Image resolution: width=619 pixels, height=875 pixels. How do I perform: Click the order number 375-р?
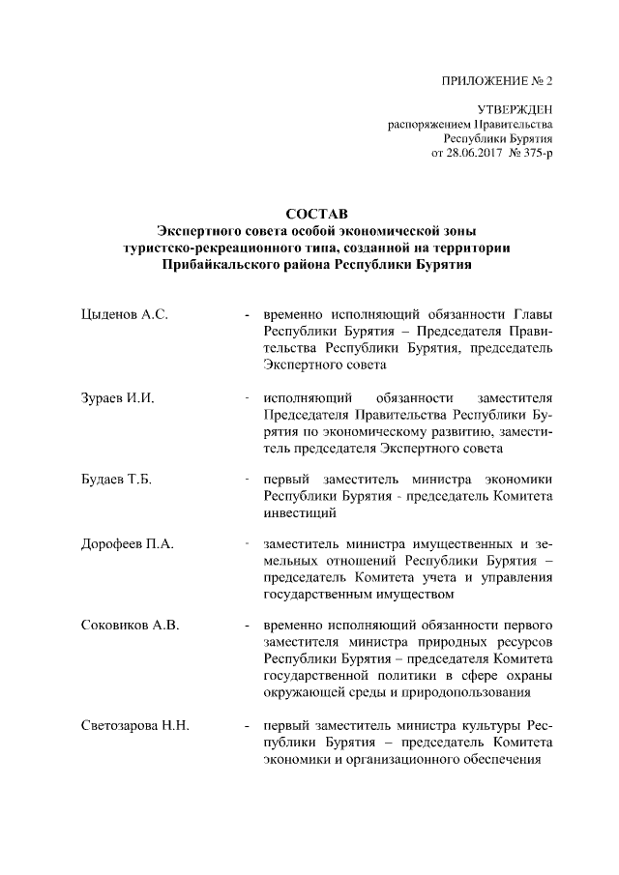click(x=535, y=155)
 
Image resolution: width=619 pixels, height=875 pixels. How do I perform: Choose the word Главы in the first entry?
click(x=534, y=316)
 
